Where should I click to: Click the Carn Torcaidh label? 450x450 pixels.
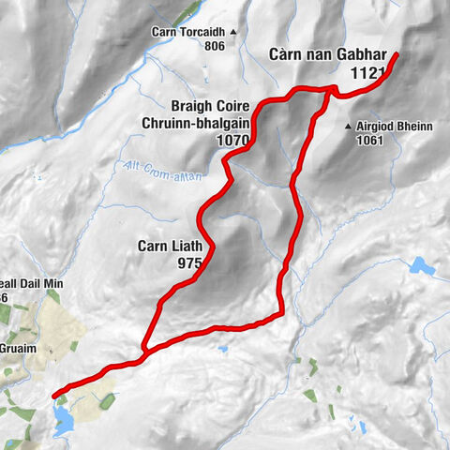[x=189, y=31]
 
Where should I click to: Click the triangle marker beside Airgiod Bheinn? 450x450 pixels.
[x=348, y=127]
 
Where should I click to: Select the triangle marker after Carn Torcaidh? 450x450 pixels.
[x=233, y=31]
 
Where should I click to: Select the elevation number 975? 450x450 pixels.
[x=188, y=263]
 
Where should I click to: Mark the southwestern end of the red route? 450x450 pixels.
[x=54, y=394]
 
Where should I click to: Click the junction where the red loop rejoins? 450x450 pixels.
[x=143, y=352]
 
